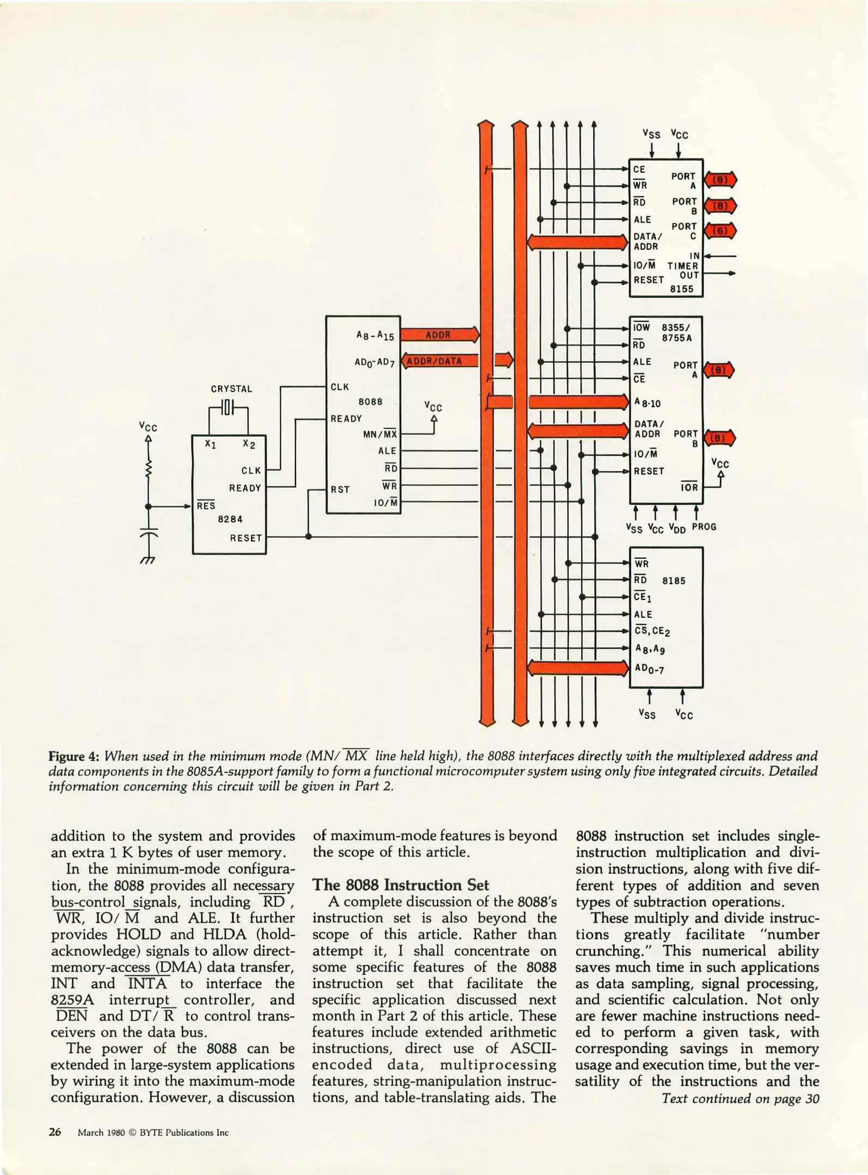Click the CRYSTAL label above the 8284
pos(231,389)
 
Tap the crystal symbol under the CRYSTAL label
pos(229,407)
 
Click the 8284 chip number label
pos(230,519)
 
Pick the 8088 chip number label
pos(370,401)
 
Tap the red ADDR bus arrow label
pos(439,335)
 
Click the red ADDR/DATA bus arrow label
pos(435,361)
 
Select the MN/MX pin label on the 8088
pos(380,434)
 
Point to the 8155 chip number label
pos(681,289)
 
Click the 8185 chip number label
pos(674,580)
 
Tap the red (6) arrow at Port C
pos(720,231)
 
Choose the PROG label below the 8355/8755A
pos(704,527)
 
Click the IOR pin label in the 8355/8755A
pos(689,487)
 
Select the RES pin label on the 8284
pos(206,505)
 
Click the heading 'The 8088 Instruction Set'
pos(401,885)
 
